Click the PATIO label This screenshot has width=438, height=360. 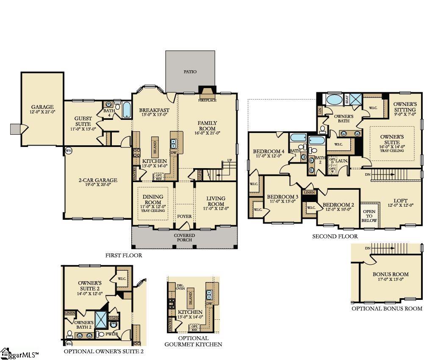(190, 72)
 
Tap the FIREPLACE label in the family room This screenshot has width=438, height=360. (207, 100)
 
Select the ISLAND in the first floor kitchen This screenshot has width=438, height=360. (155, 146)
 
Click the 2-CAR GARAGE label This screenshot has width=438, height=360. (98, 180)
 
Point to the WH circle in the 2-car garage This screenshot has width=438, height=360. (68, 150)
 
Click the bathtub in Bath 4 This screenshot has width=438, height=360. (126, 109)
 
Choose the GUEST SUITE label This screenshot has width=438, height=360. (83, 121)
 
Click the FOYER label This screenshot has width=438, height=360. (184, 216)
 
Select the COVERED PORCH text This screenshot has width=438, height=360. (184, 238)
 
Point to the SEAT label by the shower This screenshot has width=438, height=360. (347, 100)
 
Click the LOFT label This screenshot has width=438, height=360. (400, 201)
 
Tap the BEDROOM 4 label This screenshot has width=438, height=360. (269, 151)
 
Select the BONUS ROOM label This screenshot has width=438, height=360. (391, 274)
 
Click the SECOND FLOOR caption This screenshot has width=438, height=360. (335, 236)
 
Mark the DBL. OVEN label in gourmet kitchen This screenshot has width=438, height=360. (180, 287)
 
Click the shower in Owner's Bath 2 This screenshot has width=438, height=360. (101, 320)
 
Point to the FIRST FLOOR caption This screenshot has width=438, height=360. (124, 255)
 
